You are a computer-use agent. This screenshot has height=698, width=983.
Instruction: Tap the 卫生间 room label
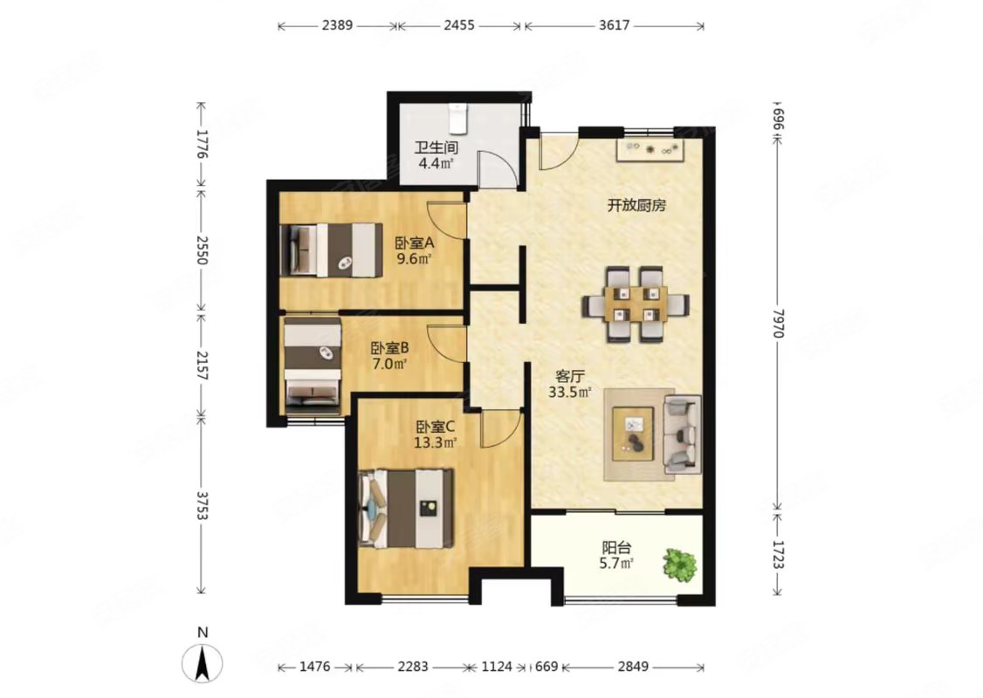click(x=437, y=148)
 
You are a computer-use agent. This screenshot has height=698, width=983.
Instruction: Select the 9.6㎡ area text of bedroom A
click(x=414, y=258)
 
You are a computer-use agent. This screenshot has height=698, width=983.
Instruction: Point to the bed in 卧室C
click(x=406, y=508)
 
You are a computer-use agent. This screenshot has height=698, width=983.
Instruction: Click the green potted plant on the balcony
click(x=679, y=565)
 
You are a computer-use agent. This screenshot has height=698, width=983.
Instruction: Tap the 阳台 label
click(x=616, y=548)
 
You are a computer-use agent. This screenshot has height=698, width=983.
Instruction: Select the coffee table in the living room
click(x=634, y=434)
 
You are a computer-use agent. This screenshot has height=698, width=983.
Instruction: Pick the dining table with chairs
click(x=636, y=305)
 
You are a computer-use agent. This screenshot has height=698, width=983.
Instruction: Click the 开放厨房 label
click(x=636, y=206)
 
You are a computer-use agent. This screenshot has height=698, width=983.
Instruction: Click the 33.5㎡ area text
click(x=570, y=393)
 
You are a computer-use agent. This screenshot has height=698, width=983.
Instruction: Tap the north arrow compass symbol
click(x=202, y=663)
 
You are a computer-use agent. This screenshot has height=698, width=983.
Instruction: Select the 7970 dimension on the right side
click(x=777, y=324)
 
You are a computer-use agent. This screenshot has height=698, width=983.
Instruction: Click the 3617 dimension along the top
click(x=614, y=25)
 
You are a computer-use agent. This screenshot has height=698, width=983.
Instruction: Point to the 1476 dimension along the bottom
click(x=314, y=667)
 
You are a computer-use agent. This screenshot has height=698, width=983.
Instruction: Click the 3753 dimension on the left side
click(x=202, y=505)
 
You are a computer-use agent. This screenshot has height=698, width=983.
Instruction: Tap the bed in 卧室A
click(x=331, y=250)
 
